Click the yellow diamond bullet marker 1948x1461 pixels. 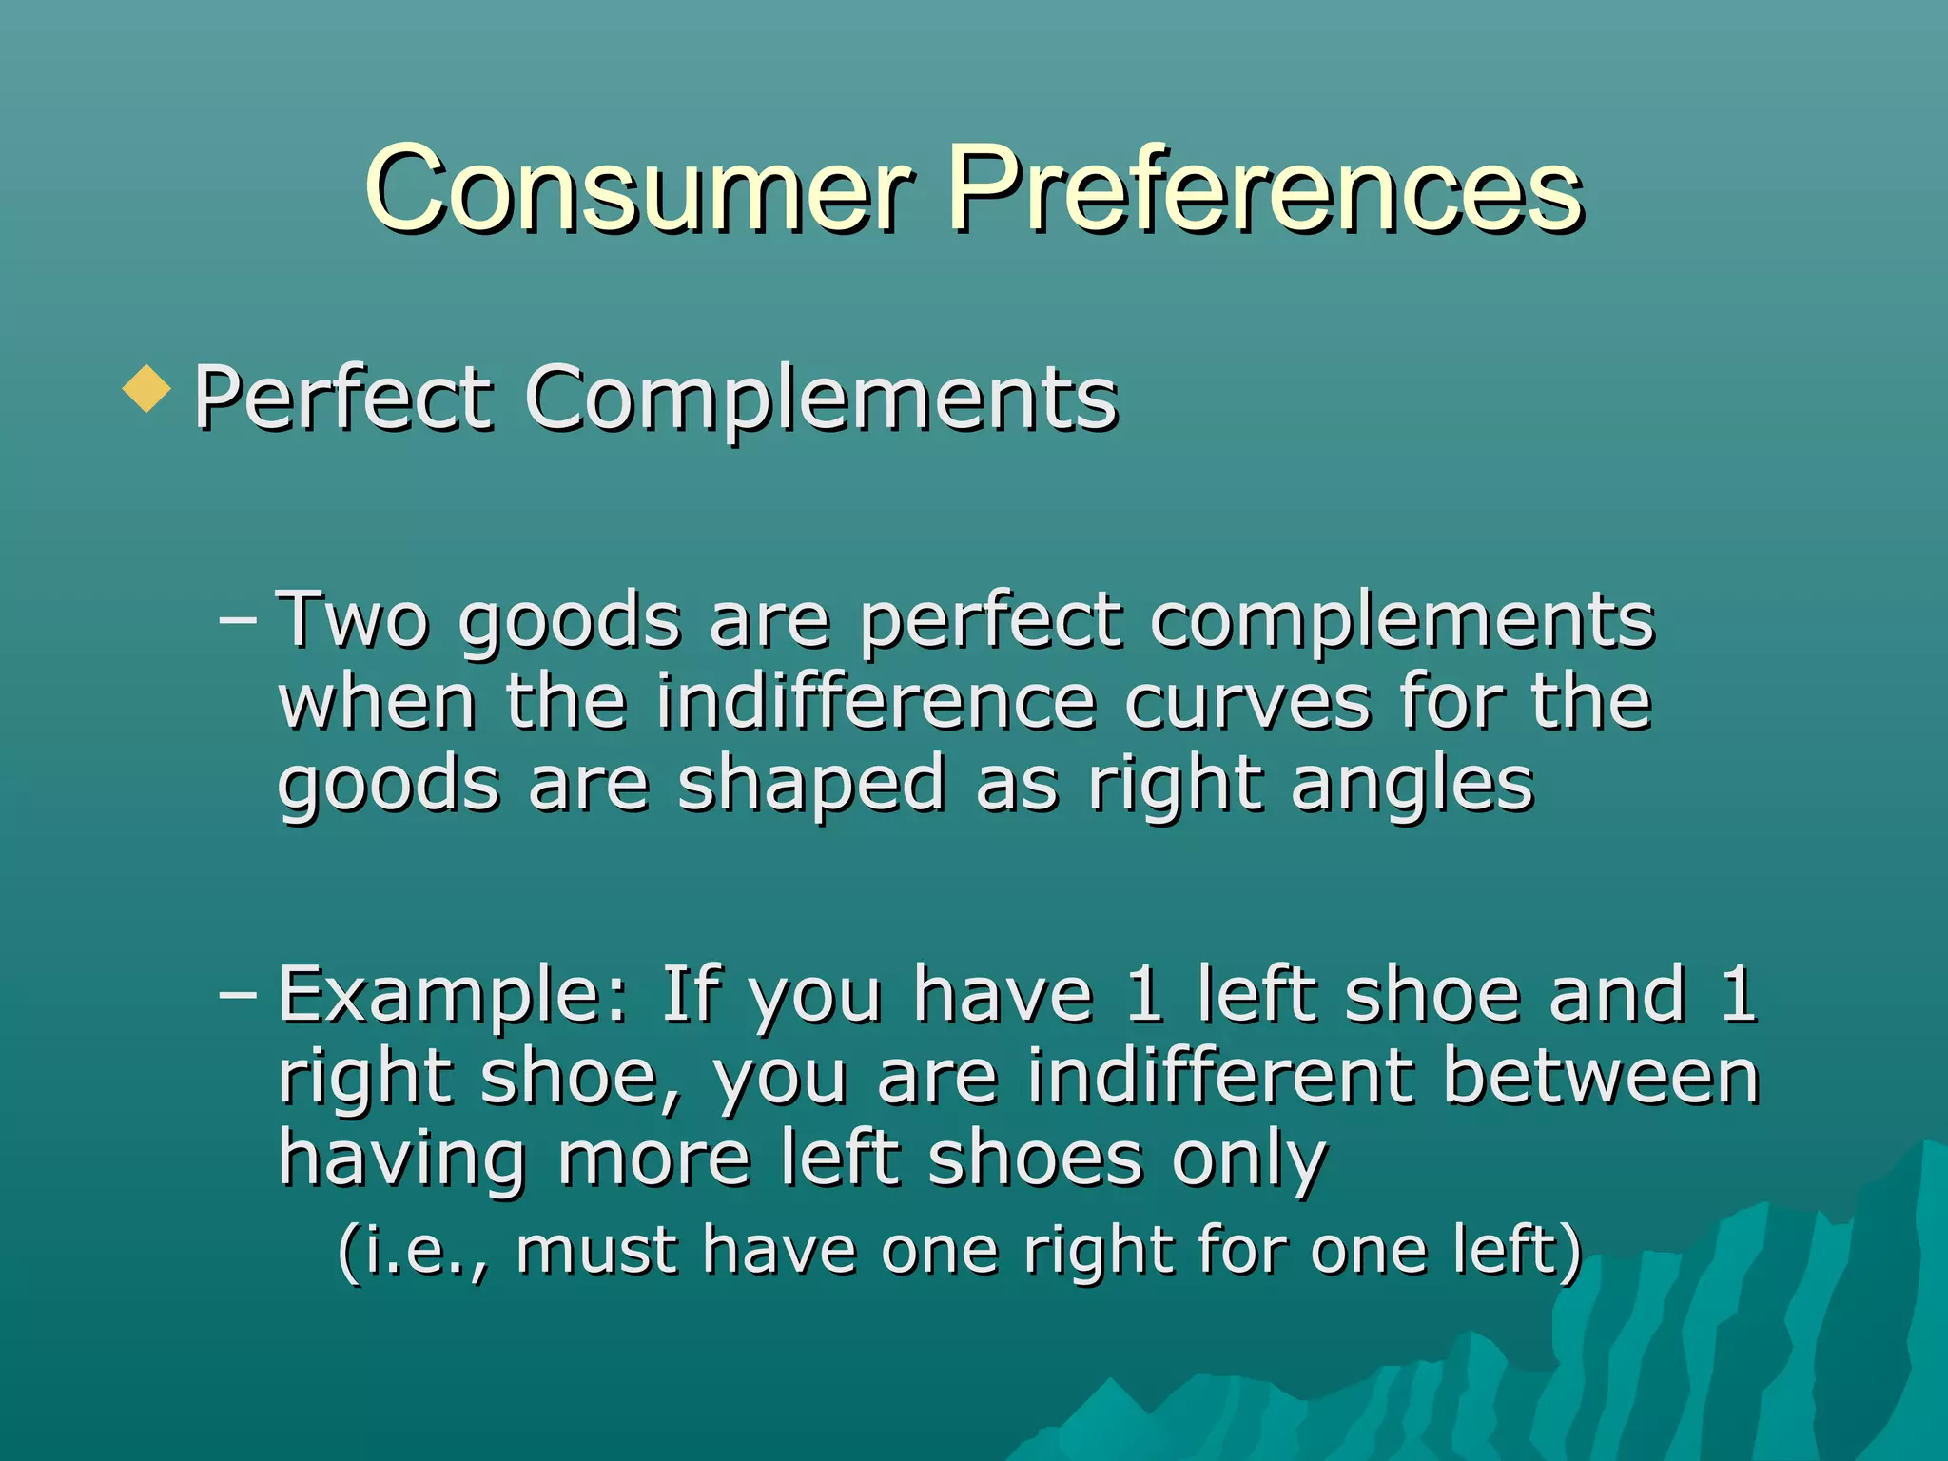(x=146, y=390)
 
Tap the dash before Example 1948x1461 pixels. (x=238, y=995)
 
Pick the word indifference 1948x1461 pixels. (x=876, y=703)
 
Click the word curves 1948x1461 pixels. (x=1247, y=703)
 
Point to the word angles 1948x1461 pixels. (x=1412, y=786)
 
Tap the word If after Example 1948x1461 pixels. (x=689, y=993)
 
